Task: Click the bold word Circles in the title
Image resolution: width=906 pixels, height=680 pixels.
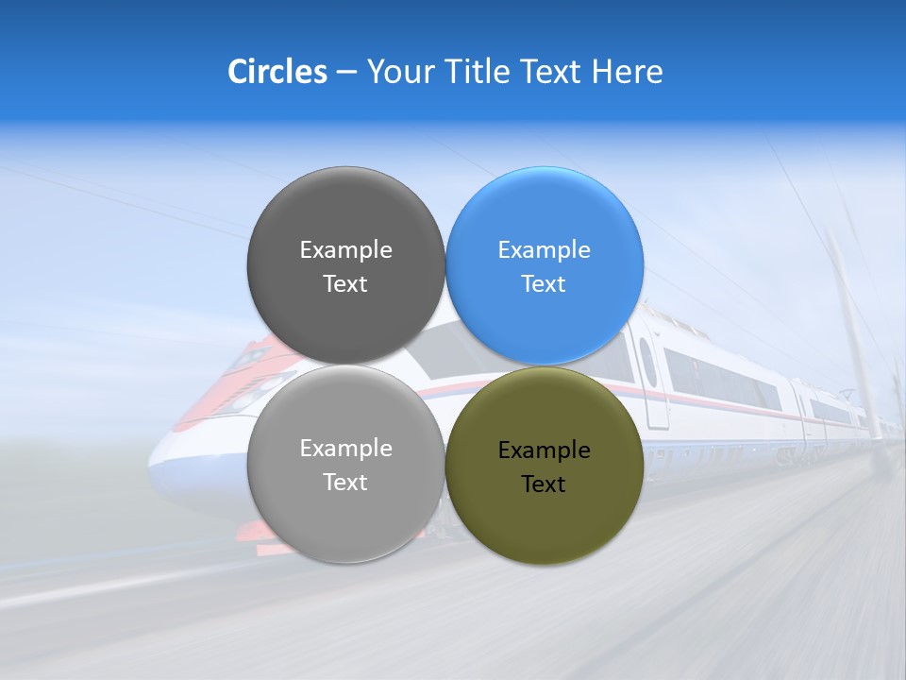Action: click(277, 72)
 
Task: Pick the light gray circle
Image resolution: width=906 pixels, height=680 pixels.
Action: click(345, 510)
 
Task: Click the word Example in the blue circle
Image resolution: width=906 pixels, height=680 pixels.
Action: click(545, 250)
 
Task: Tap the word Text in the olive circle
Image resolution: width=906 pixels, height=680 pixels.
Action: click(544, 484)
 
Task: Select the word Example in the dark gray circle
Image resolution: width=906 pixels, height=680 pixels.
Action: click(345, 250)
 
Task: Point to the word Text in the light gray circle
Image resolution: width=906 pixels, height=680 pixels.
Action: click(345, 483)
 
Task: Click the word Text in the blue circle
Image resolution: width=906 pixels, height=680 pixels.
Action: click(544, 284)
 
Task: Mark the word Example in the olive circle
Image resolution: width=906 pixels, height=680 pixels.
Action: click(545, 450)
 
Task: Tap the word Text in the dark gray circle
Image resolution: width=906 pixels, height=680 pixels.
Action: click(345, 284)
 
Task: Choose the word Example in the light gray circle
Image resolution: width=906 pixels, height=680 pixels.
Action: click(345, 449)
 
